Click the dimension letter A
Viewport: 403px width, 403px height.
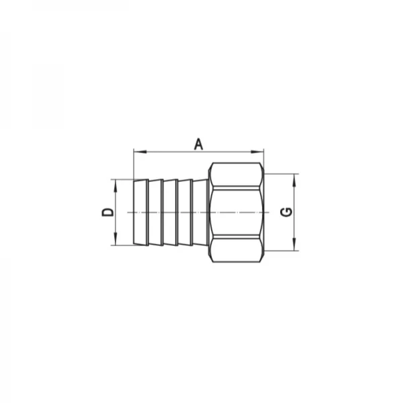tap(198, 143)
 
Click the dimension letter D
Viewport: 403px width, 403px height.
tap(106, 212)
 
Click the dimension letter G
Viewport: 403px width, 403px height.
tap(285, 212)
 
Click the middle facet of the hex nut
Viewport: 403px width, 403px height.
tap(235, 212)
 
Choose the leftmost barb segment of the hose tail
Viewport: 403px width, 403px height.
tap(140, 212)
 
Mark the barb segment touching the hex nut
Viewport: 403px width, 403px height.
tap(201, 212)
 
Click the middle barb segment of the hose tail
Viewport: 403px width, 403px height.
tap(171, 212)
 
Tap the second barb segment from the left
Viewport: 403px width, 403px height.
tap(156, 212)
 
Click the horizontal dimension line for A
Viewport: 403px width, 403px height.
tap(168, 152)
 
